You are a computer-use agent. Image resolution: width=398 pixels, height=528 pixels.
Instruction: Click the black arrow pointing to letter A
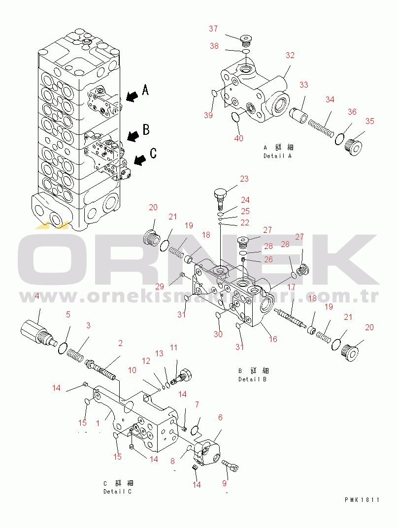pos(132,96)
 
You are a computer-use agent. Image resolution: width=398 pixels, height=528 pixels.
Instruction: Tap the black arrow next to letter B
pos(133,135)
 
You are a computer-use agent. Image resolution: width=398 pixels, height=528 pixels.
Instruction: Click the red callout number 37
pos(213,29)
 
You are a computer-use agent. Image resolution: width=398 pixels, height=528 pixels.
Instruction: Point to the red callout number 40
pos(238,138)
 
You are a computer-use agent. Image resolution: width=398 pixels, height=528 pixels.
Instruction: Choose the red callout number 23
pos(244,179)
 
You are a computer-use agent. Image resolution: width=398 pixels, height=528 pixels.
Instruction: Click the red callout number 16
pos(273,339)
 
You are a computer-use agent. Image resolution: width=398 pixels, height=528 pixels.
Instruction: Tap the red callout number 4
pos(37,296)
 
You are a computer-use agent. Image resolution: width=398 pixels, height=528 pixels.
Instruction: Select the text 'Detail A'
pos(277,156)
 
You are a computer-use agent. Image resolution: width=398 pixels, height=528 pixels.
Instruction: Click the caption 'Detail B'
pos(252,379)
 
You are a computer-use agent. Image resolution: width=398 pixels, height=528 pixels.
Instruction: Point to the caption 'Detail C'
pos(117,491)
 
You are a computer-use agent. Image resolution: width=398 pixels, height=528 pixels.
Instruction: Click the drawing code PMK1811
pos(362,500)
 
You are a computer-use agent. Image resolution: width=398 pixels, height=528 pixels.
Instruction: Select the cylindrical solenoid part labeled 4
pos(36,332)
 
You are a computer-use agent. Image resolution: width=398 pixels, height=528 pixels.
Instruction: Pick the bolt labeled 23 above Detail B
pos(220,199)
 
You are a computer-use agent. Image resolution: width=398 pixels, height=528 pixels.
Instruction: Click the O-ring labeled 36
pos(340,139)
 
